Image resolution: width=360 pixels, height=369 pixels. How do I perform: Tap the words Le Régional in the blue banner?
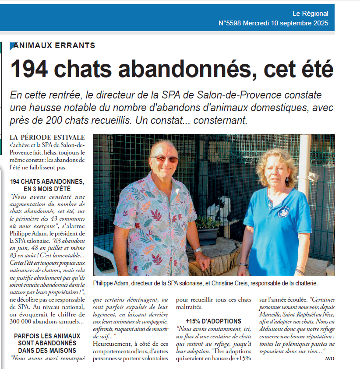[x=310, y=14]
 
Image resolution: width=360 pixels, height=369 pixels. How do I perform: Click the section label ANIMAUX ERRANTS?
[x=54, y=46]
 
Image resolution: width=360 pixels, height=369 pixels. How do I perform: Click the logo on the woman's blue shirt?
[x=283, y=211]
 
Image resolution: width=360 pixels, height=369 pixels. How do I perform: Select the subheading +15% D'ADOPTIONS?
[x=213, y=321]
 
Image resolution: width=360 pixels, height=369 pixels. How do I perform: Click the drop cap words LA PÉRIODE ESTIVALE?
[x=47, y=137]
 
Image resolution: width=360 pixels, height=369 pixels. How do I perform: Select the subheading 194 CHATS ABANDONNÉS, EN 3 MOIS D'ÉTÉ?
[x=47, y=185]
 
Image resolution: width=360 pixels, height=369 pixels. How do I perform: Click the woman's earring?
[x=286, y=179]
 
